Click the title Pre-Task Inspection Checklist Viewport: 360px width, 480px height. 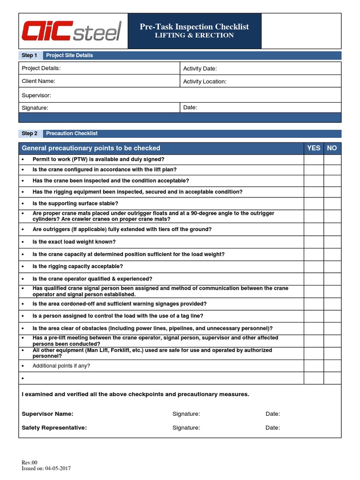(x=194, y=27)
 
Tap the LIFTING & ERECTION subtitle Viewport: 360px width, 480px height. (x=194, y=36)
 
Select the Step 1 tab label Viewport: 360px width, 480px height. (x=30, y=55)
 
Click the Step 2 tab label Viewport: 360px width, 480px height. (x=30, y=134)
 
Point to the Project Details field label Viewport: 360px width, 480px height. (x=41, y=68)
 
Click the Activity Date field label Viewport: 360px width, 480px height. (x=200, y=69)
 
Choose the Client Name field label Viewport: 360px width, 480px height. (x=38, y=81)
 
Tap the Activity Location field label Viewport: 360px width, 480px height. (x=204, y=82)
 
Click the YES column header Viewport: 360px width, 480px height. (x=314, y=148)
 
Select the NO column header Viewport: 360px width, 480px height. (x=332, y=148)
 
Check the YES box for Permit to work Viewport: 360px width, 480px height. (x=314, y=159)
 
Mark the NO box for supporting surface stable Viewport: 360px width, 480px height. (x=332, y=203)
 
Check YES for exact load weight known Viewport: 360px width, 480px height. (x=314, y=242)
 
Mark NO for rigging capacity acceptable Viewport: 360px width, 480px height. (x=332, y=266)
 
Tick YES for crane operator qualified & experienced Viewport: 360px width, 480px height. (x=314, y=279)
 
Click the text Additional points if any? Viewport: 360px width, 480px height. (x=61, y=366)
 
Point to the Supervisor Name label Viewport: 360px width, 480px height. (x=47, y=414)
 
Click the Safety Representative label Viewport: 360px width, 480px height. (x=54, y=427)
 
